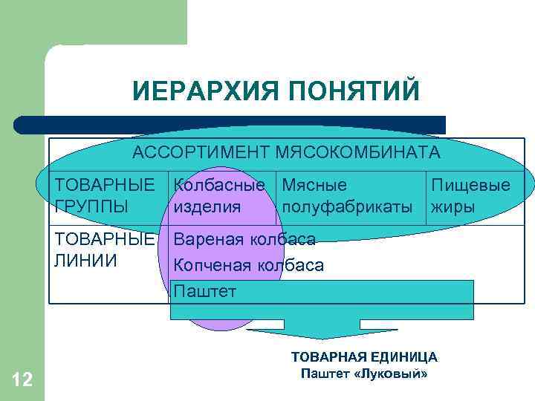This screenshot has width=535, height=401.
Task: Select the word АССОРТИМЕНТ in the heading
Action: pyautogui.click(x=198, y=152)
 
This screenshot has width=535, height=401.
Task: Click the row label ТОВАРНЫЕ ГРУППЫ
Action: pyautogui.click(x=105, y=195)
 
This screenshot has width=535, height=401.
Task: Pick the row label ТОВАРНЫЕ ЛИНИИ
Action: pyautogui.click(x=105, y=250)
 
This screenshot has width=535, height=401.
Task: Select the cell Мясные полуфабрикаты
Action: pyautogui.click(x=346, y=195)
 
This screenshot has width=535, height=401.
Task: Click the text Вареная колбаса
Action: pyautogui.click(x=244, y=239)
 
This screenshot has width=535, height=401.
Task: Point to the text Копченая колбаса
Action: pyautogui.click(x=247, y=265)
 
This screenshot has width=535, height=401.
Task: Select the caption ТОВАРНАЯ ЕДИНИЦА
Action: pyautogui.click(x=363, y=357)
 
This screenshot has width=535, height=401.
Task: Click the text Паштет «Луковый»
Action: pyautogui.click(x=363, y=374)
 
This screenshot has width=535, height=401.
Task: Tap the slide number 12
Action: pyautogui.click(x=22, y=381)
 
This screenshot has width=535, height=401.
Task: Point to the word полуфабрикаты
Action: pyautogui.click(x=346, y=206)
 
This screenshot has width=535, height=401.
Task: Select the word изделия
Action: pyautogui.click(x=207, y=206)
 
